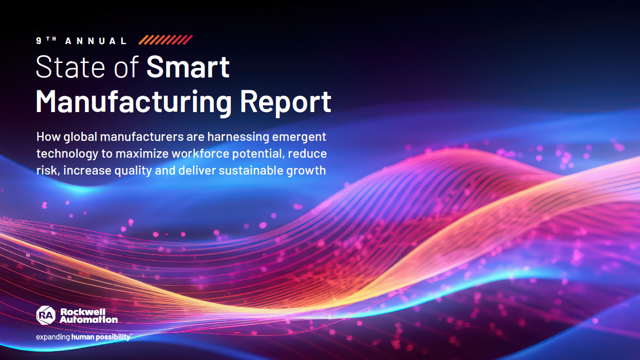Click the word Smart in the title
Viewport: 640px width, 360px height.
point(188,67)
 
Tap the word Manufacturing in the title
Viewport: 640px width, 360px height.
point(133,102)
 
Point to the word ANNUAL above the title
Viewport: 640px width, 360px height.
point(96,41)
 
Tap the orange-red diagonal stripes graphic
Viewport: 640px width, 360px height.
point(166,40)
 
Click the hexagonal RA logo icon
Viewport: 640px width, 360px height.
point(46,315)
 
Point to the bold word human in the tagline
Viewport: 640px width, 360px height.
point(82,337)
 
